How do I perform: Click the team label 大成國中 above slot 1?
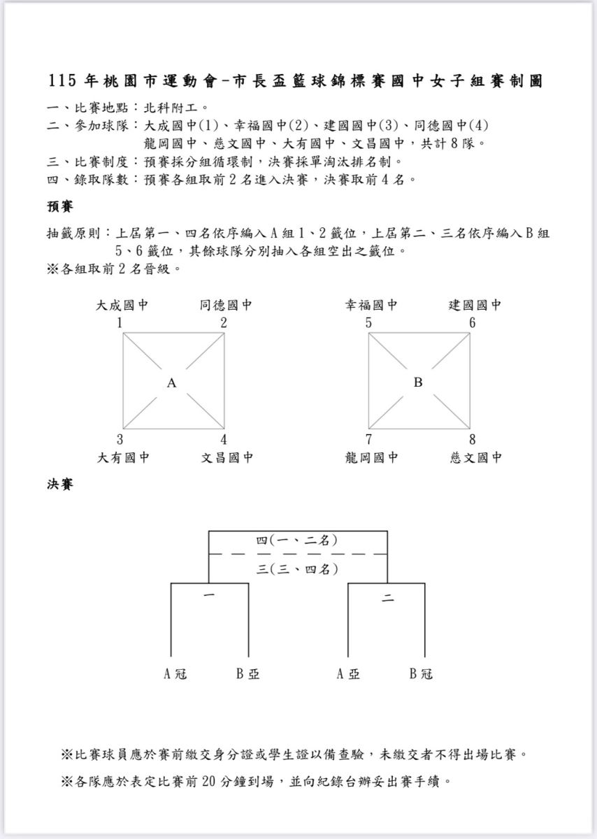point(122,306)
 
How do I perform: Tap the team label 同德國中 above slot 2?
point(226,306)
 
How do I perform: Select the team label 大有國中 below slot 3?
point(122,458)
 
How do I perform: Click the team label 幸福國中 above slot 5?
point(371,306)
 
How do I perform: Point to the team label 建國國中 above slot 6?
point(475,306)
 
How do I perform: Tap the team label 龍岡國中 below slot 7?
point(371,458)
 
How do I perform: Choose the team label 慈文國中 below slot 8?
point(476,458)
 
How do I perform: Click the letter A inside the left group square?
point(172,382)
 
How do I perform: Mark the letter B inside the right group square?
point(418,382)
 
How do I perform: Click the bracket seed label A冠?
point(175,674)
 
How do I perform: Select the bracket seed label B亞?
point(247,674)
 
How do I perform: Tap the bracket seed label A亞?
point(348,674)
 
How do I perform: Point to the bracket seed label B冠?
point(421,674)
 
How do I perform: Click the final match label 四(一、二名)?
point(297,540)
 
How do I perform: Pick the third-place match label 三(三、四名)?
point(297,569)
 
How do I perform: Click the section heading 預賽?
point(60,207)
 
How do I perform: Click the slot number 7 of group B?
point(368,440)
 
